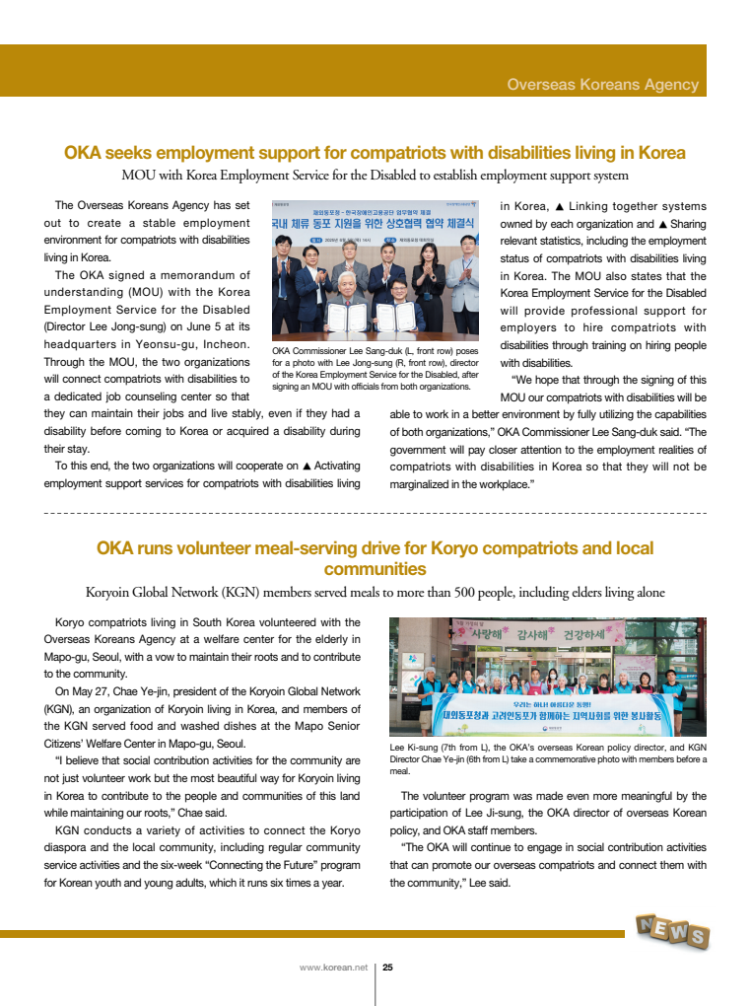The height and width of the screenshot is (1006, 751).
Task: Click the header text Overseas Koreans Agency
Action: click(x=602, y=85)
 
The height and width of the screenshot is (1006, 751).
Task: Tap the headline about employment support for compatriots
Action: click(x=375, y=153)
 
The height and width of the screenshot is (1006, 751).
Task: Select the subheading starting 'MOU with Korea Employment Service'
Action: click(x=375, y=176)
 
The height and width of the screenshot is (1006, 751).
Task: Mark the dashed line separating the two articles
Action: click(x=375, y=514)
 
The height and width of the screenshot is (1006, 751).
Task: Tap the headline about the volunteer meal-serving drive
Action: click(x=375, y=558)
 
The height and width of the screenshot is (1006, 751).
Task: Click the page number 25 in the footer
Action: click(x=388, y=968)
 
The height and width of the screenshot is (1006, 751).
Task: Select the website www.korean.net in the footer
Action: click(x=333, y=968)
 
